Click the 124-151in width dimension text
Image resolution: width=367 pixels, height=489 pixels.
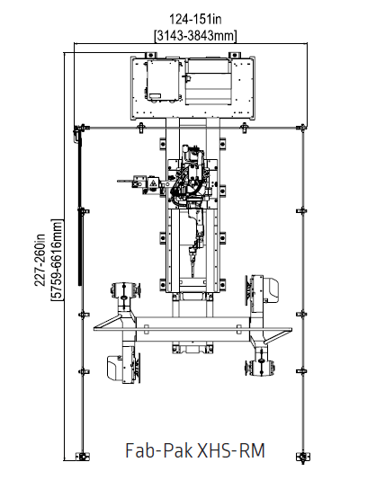tap(195, 20)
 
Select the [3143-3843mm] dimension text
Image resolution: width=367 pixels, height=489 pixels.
tap(196, 36)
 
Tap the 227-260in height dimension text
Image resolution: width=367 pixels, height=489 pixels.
tap(40, 260)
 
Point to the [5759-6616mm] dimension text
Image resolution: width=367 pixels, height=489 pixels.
tap(57, 260)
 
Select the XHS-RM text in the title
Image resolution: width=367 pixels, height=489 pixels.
tap(231, 450)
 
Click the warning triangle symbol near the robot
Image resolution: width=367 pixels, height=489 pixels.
tap(153, 182)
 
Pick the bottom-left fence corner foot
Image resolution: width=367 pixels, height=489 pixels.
tap(83, 457)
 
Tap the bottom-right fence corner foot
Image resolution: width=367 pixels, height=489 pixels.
tap(303, 458)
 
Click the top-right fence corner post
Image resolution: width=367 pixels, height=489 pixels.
tap(302, 128)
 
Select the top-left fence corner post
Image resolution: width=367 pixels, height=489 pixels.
tap(81, 128)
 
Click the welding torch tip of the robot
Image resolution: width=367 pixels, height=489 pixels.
tap(192, 276)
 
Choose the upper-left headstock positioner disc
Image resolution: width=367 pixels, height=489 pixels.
tap(125, 290)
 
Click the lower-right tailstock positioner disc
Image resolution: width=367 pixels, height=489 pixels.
tap(261, 368)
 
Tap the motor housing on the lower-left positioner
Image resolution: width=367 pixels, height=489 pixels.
tap(115, 368)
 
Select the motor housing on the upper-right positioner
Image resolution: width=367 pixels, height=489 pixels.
tap(271, 290)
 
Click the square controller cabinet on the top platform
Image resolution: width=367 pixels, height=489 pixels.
tap(164, 80)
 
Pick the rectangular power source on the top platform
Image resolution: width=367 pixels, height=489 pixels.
tap(209, 82)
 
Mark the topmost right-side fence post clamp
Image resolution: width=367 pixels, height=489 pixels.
tap(301, 211)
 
